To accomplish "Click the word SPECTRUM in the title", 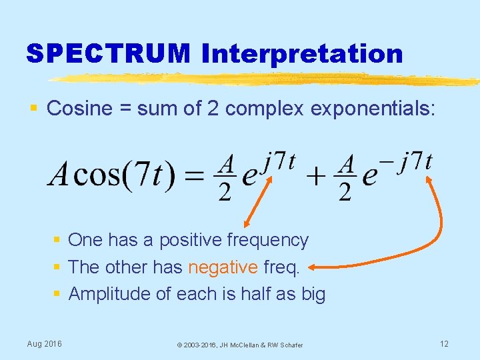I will point(108,53).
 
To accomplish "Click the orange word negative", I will point(223,267).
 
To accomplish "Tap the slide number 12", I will point(445,343).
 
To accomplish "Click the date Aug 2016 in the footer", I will point(45,343).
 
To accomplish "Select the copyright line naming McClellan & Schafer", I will point(239,345).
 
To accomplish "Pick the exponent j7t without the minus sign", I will point(280,161).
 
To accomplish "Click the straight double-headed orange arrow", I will point(261,199).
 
